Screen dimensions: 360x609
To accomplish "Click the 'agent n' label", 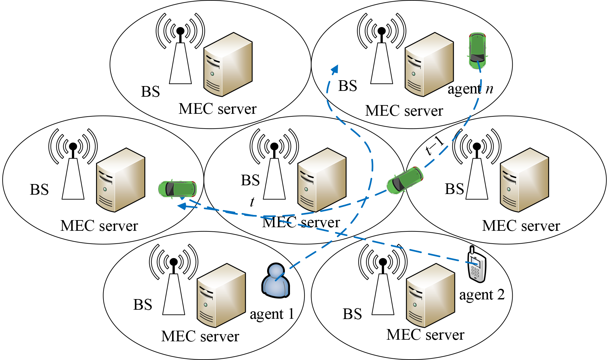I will click(x=470, y=89).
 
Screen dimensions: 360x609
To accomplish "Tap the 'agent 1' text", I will click(x=272, y=314).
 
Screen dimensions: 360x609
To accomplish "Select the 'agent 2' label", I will click(x=482, y=295).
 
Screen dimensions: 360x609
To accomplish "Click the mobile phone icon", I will click(x=477, y=265).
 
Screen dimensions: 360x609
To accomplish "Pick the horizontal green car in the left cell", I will click(x=177, y=189).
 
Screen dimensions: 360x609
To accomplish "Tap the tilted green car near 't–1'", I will click(x=405, y=180).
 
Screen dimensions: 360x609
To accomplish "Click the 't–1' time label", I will click(x=435, y=146).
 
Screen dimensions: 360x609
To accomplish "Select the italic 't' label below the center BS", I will click(x=252, y=202).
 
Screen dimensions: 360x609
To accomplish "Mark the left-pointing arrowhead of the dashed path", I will click(x=182, y=206).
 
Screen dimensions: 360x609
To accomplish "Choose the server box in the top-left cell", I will click(x=228, y=64).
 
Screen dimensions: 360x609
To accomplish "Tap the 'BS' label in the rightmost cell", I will click(x=454, y=189).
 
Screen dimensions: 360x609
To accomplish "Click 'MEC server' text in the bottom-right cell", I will click(x=425, y=335).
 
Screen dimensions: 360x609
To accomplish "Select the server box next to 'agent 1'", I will click(x=221, y=295).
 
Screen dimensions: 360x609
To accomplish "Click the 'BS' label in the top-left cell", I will click(x=150, y=92).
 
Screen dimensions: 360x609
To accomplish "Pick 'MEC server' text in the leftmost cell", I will click(x=99, y=226).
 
